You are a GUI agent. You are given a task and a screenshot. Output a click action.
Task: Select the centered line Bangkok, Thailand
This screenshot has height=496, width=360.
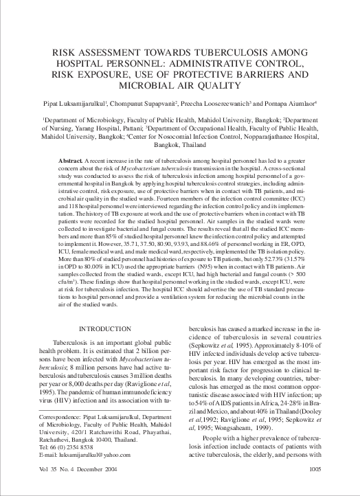point(180,146)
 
